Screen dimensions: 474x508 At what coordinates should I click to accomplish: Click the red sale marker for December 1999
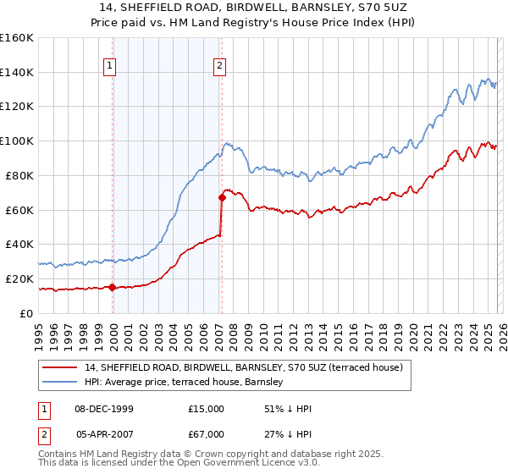coord(113,287)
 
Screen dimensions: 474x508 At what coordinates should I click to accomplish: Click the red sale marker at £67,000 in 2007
coord(222,198)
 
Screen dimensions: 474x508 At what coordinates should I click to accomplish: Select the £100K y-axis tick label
coord(17,141)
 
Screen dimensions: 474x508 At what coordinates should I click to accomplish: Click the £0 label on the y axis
coord(27,313)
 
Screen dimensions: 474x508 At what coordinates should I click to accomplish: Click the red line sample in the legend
coord(58,367)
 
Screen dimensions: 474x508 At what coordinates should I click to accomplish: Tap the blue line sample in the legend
coord(58,382)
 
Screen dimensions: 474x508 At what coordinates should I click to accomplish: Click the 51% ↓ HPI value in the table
coord(288,409)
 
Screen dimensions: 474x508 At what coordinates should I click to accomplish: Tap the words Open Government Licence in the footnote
coord(246,464)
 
